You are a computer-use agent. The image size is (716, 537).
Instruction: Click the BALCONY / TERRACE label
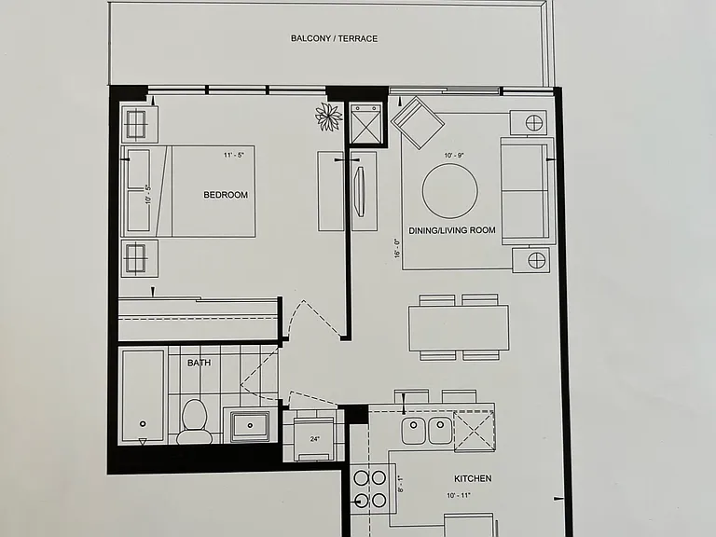pos(335,39)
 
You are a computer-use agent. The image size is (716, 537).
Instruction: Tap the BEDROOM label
pos(226,195)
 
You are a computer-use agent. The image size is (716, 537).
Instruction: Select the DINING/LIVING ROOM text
pos(452,230)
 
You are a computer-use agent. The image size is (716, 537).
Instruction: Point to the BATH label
pos(200,363)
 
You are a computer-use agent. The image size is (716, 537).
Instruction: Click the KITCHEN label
pos(473,478)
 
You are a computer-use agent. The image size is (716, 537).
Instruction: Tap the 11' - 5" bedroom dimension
pos(234,155)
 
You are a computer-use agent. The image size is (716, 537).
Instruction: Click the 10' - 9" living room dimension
pos(454,156)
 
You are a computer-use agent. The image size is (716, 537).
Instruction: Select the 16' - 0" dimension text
pos(397,249)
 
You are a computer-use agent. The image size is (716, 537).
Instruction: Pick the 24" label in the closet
pos(314,439)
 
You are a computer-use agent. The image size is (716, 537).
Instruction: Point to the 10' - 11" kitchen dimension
pos(459,495)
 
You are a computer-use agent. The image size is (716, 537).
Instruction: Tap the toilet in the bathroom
pos(195,421)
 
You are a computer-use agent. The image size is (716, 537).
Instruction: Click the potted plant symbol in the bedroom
pos(329,117)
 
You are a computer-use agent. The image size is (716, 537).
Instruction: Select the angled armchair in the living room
pos(418,122)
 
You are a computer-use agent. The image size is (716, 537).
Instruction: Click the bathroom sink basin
pos(250,426)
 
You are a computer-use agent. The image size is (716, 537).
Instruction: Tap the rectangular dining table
pos(459,328)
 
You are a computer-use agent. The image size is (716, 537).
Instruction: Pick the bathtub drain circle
pos(143,424)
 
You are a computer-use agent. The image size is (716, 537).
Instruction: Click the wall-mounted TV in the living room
pos(360,191)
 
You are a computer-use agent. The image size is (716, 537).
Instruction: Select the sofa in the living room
pos(525,192)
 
